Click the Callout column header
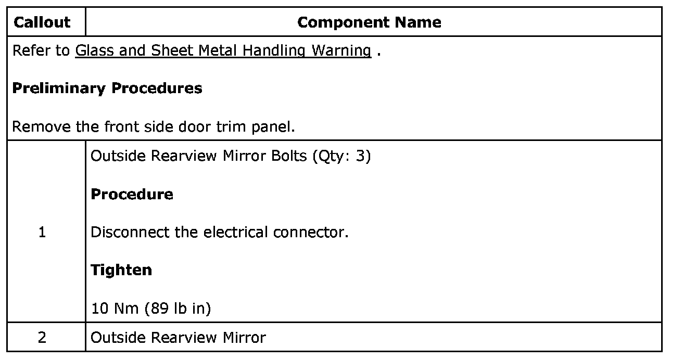(x=42, y=22)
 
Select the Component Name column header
(x=369, y=22)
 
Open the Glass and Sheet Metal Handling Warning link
(x=223, y=50)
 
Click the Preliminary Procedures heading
(x=107, y=88)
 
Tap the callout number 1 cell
(x=42, y=232)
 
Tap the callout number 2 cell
(x=42, y=338)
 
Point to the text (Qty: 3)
(x=341, y=156)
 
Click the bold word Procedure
(x=132, y=194)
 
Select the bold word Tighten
(x=121, y=270)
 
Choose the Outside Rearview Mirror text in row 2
(x=178, y=338)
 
